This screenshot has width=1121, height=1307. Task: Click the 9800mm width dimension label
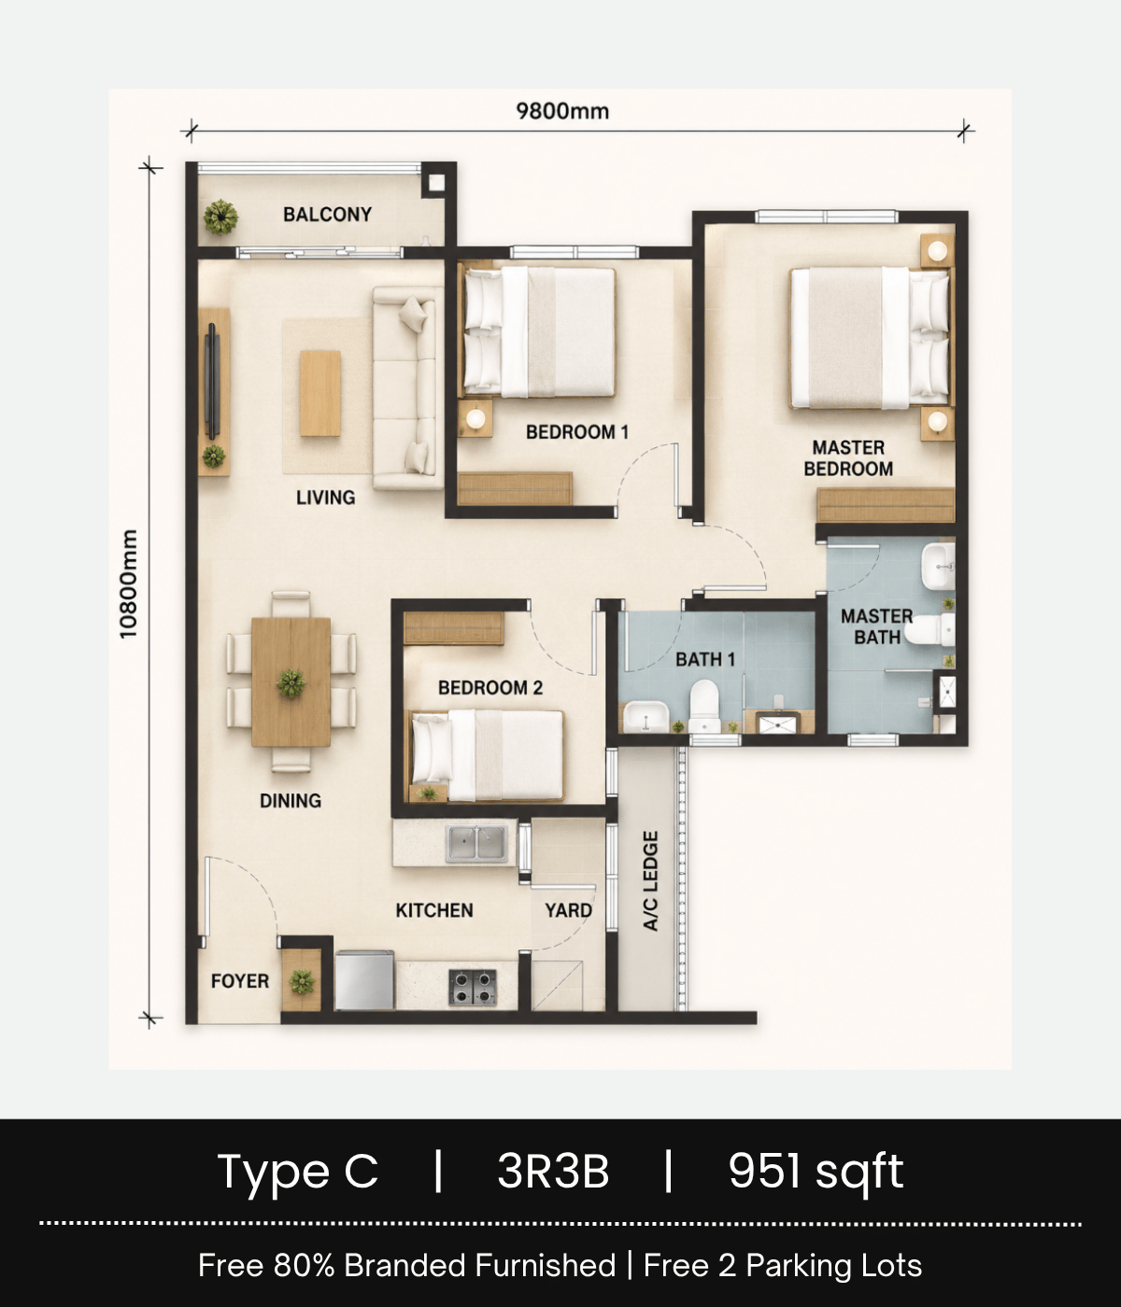pyautogui.click(x=562, y=111)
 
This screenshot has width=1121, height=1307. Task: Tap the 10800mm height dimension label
pyautogui.click(x=128, y=584)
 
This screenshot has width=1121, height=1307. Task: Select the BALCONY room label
pyautogui.click(x=327, y=215)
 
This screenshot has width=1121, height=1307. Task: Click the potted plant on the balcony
pyautogui.click(x=220, y=217)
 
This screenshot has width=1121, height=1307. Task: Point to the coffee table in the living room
pyautogui.click(x=320, y=393)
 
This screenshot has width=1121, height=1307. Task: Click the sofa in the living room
pyautogui.click(x=408, y=388)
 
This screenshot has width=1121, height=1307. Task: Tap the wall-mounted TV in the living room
pyautogui.click(x=212, y=381)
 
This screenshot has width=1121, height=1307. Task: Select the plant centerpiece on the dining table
pyautogui.click(x=291, y=682)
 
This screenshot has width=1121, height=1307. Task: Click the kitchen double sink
pyautogui.click(x=476, y=844)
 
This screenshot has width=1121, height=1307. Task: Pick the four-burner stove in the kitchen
pyautogui.click(x=473, y=987)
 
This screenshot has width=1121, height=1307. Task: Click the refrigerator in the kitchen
pyautogui.click(x=364, y=980)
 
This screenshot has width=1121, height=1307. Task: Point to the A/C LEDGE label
pyautogui.click(x=651, y=880)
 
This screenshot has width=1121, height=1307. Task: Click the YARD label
pyautogui.click(x=569, y=910)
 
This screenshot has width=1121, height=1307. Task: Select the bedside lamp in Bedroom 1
pyautogui.click(x=475, y=418)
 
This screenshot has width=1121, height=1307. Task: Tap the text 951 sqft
pyautogui.click(x=816, y=1171)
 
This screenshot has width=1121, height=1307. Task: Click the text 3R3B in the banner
pyautogui.click(x=554, y=1171)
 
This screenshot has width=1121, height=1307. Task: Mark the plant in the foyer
pyautogui.click(x=303, y=982)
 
